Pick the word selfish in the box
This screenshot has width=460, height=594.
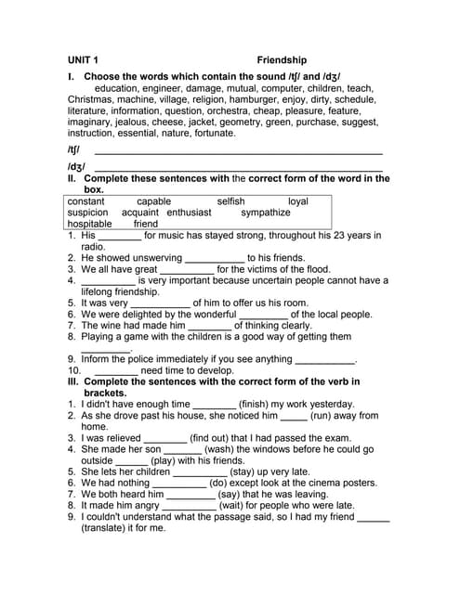pyautogui.click(x=231, y=201)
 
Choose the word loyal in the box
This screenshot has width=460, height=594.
pyautogui.click(x=297, y=201)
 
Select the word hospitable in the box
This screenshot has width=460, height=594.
pyautogui.click(x=89, y=224)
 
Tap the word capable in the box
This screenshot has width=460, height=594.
pyautogui.click(x=153, y=201)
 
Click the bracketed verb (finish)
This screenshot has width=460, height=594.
pyautogui.click(x=256, y=405)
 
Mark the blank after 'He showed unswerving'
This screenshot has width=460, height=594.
pyautogui.click(x=215, y=258)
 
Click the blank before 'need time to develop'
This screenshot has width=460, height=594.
pyautogui.click(x=116, y=370)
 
